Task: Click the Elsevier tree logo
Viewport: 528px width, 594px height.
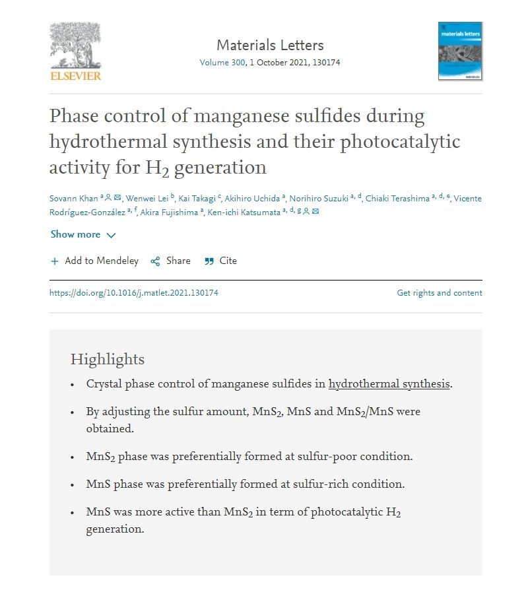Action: point(75,46)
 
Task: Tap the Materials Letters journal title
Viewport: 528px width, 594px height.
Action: point(270,46)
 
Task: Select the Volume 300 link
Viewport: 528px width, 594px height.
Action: point(222,63)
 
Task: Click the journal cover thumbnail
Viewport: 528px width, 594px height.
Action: point(460,51)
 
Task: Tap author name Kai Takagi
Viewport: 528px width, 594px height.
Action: point(197,199)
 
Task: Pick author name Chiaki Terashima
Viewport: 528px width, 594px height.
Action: point(397,199)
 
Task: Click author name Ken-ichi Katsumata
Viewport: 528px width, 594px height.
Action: point(244,212)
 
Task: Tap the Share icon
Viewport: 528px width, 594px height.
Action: point(156,261)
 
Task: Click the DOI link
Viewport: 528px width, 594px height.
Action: point(133,293)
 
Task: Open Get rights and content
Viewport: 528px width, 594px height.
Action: point(439,293)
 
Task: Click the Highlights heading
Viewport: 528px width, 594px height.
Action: point(107,360)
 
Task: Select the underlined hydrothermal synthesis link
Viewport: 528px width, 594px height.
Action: point(389,384)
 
